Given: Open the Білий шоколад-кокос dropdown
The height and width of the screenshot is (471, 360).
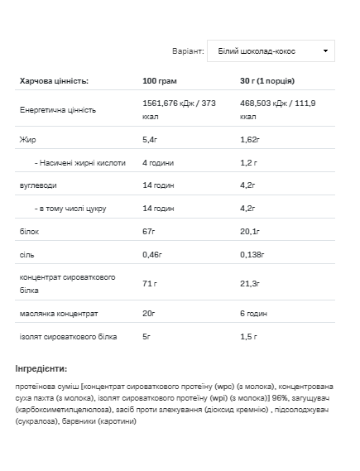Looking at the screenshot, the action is pyautogui.click(x=271, y=51).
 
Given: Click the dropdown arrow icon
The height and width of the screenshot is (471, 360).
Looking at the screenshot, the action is pyautogui.click(x=325, y=51).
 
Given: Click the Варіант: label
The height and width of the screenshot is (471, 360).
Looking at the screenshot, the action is pyautogui.click(x=188, y=51).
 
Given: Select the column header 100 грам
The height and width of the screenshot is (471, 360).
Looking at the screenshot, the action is pyautogui.click(x=161, y=81).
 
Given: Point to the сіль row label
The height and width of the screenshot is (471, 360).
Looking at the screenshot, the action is pyautogui.click(x=26, y=256).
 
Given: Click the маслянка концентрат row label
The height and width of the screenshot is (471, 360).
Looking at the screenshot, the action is pyautogui.click(x=58, y=314).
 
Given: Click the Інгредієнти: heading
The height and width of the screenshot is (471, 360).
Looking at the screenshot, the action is pyautogui.click(x=41, y=368).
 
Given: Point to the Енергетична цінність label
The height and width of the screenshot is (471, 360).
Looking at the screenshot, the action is pyautogui.click(x=57, y=110).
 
